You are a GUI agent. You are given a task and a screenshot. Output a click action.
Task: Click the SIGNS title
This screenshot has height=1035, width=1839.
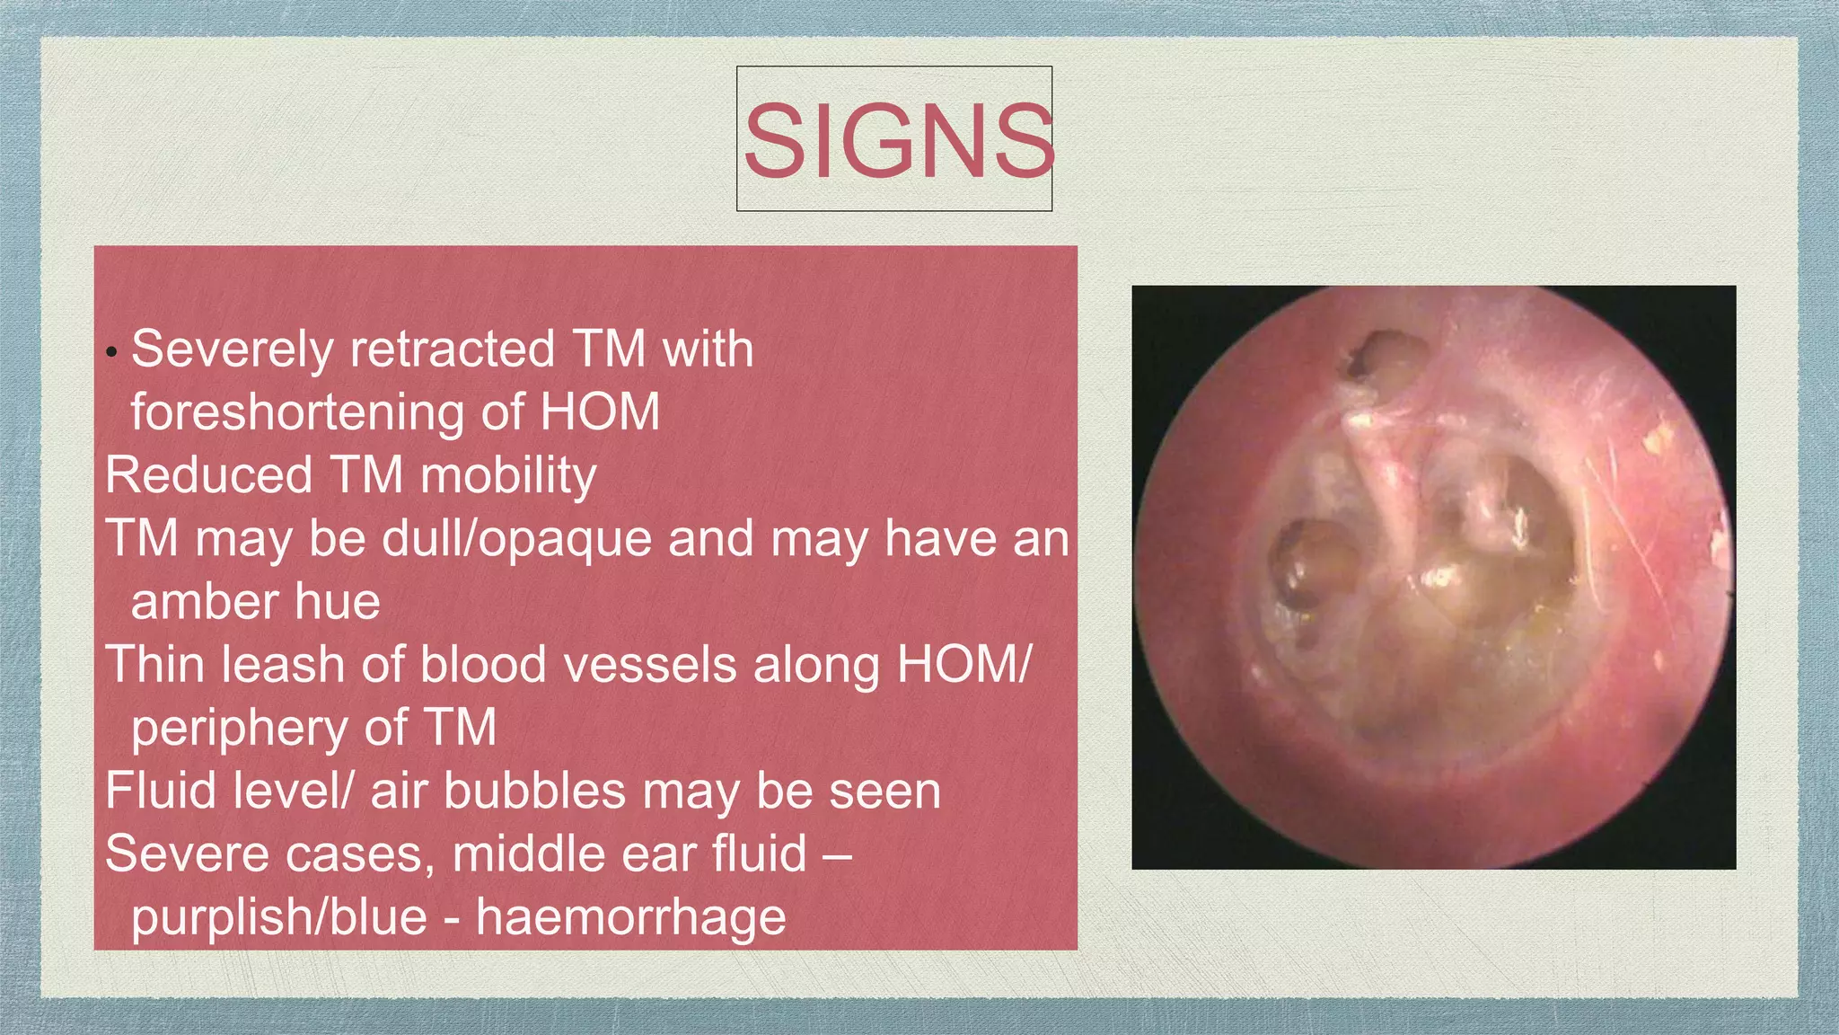coord(897,141)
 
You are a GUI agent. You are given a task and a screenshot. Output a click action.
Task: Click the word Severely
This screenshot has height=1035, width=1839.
coord(231,350)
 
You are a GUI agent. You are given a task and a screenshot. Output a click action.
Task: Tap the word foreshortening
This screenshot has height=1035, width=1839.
coord(296,413)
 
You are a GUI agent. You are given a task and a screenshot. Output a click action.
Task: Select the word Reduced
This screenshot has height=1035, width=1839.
coord(208,475)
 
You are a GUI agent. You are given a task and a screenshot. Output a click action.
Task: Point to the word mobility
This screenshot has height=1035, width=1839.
coord(508,477)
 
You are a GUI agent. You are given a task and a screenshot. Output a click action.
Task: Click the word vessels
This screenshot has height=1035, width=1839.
coord(647,665)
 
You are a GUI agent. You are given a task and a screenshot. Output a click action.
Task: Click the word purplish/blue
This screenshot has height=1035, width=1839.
coord(279,917)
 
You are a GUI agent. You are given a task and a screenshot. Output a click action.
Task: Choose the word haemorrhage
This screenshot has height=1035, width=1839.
coord(631,917)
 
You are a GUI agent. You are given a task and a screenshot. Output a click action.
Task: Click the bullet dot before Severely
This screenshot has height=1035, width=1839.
coord(111,351)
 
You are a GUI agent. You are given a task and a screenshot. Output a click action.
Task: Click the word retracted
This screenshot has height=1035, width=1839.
coord(453,350)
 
